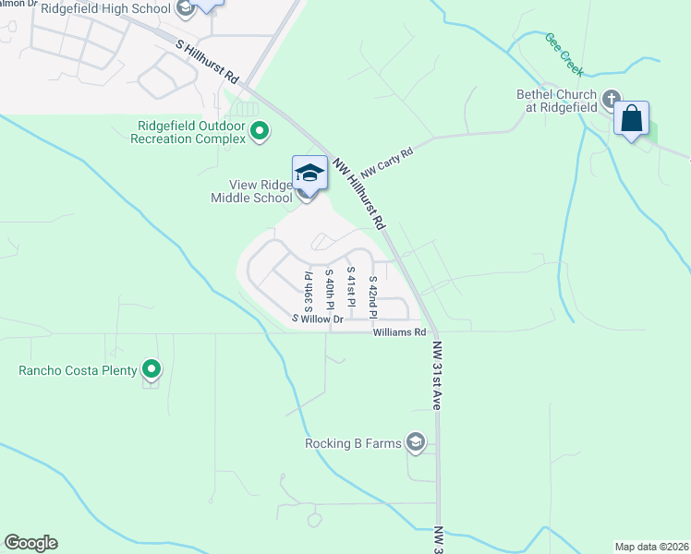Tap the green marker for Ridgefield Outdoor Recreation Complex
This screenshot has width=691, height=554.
pyautogui.click(x=260, y=131)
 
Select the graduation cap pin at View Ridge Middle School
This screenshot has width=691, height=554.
pyautogui.click(x=309, y=174)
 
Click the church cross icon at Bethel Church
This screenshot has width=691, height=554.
pyautogui.click(x=611, y=97)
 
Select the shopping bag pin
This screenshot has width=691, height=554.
pyautogui.click(x=632, y=120)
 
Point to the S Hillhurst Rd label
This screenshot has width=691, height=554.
pyautogui.click(x=208, y=62)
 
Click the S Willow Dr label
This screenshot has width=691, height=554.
pyautogui.click(x=318, y=319)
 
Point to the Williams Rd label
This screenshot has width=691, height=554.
pyautogui.click(x=399, y=332)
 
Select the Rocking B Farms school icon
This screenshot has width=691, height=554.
pyautogui.click(x=417, y=443)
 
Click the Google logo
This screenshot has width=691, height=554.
pyautogui.click(x=30, y=543)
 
